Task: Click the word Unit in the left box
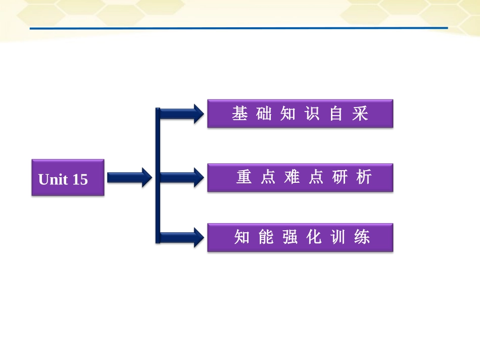[x=53, y=179]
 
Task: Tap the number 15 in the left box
[x=80, y=179]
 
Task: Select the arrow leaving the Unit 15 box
[x=129, y=177]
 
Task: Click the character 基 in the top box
[x=239, y=114]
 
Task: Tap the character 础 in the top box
[x=264, y=114]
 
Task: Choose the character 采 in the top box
[x=360, y=114]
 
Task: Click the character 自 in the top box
[x=337, y=114]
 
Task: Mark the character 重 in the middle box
[x=244, y=177]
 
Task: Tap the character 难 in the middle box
[x=292, y=177]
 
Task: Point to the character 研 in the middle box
[x=340, y=177]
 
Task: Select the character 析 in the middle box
[x=364, y=177]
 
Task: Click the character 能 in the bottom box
[x=266, y=237]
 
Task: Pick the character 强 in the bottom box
[x=290, y=237]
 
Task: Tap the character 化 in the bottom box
[x=314, y=237]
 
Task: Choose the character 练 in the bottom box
[x=362, y=237]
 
